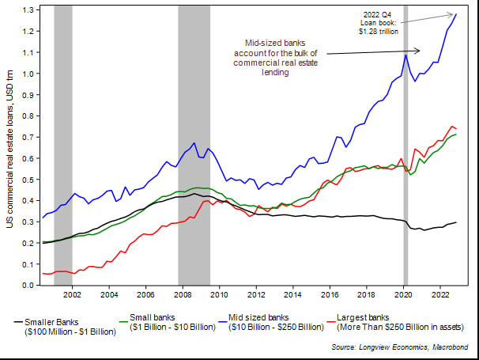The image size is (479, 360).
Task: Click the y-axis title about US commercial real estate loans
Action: (9, 147)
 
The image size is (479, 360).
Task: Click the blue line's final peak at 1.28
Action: (456, 13)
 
